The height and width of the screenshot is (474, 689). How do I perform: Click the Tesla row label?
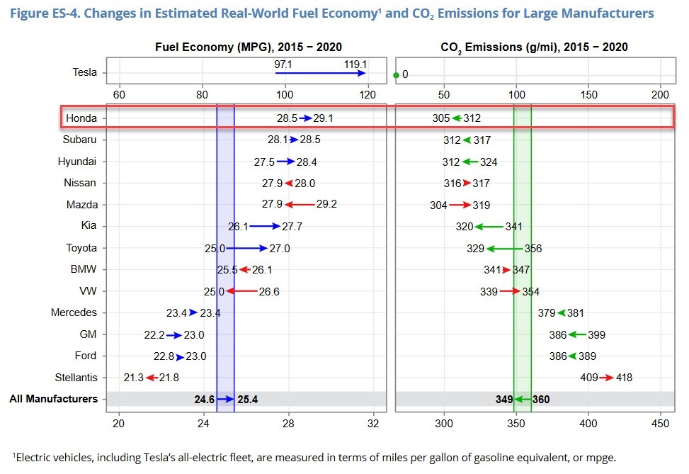[x=84, y=72]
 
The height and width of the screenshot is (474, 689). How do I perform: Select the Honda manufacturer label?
[x=81, y=118]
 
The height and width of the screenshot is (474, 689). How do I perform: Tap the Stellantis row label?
[x=74, y=377]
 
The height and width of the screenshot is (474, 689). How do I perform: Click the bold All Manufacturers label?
[x=53, y=399]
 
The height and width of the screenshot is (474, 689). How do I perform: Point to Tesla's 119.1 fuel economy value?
[x=354, y=64]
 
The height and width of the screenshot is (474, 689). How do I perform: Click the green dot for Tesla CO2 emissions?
[x=396, y=74]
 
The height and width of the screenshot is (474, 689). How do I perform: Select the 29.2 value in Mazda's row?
[x=326, y=205]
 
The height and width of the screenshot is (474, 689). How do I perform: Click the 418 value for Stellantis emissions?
[x=623, y=378]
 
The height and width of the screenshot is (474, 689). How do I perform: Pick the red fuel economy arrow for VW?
[x=241, y=291]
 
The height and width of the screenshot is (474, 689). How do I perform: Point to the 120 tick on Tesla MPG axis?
[x=368, y=94]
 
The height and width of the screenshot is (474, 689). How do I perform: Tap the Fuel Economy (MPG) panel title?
[x=249, y=47]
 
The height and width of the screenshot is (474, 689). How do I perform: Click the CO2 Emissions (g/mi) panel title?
[x=535, y=47]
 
